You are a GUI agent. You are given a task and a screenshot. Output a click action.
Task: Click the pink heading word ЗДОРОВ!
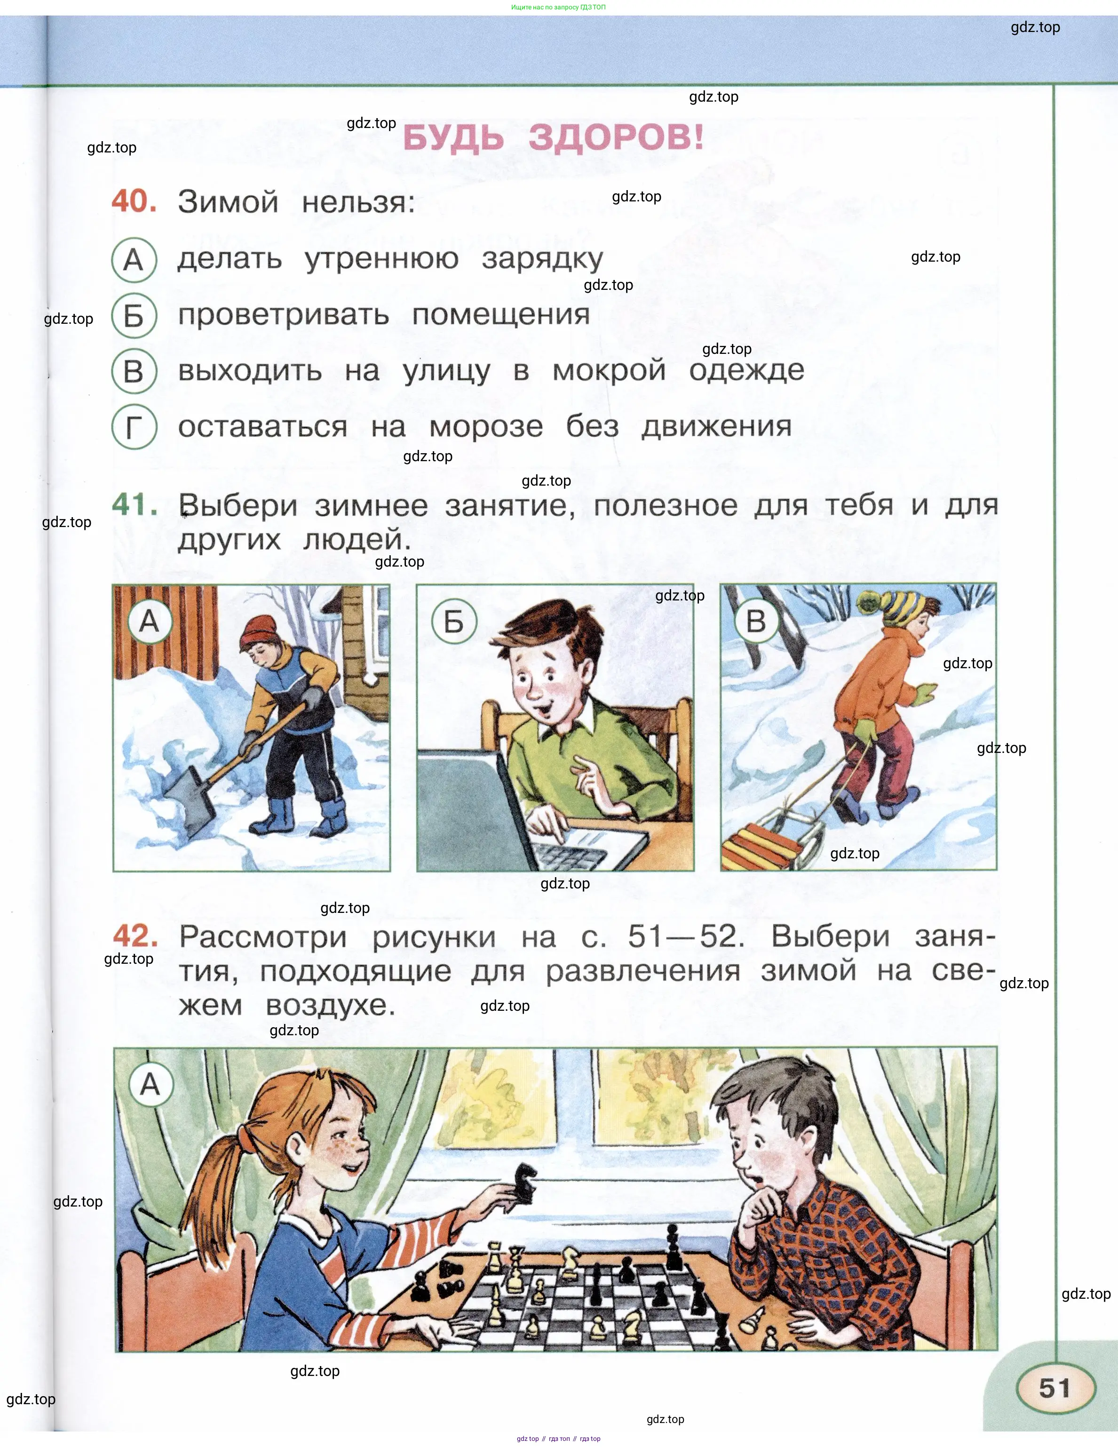616,138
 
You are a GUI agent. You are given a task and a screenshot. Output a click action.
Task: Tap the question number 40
135,201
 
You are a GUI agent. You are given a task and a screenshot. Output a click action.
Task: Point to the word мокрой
610,370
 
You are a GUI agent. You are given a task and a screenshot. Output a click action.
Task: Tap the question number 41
135,505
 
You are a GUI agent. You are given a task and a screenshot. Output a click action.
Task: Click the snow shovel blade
188,800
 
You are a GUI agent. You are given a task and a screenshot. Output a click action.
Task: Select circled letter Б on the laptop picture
454,622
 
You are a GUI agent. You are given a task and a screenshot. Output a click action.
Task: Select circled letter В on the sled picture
756,622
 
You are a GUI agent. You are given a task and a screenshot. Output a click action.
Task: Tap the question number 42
135,936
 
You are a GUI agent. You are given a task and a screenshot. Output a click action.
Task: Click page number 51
1055,1388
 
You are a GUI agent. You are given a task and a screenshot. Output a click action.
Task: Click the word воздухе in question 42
331,1006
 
